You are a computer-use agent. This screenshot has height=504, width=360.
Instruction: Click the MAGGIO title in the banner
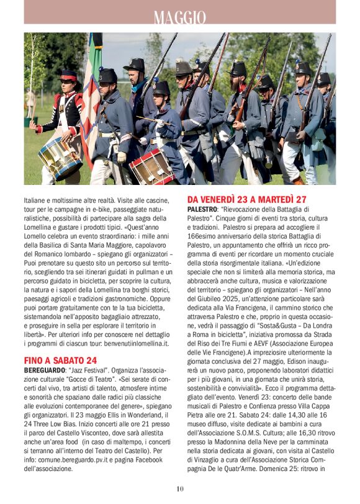point(180,17)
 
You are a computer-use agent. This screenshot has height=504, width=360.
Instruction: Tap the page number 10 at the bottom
point(180,488)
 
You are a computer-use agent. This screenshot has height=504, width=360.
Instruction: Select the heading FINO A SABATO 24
point(60,360)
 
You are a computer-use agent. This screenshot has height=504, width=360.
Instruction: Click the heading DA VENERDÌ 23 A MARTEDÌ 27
point(247,200)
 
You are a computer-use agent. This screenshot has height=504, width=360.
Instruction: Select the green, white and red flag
point(91,99)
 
